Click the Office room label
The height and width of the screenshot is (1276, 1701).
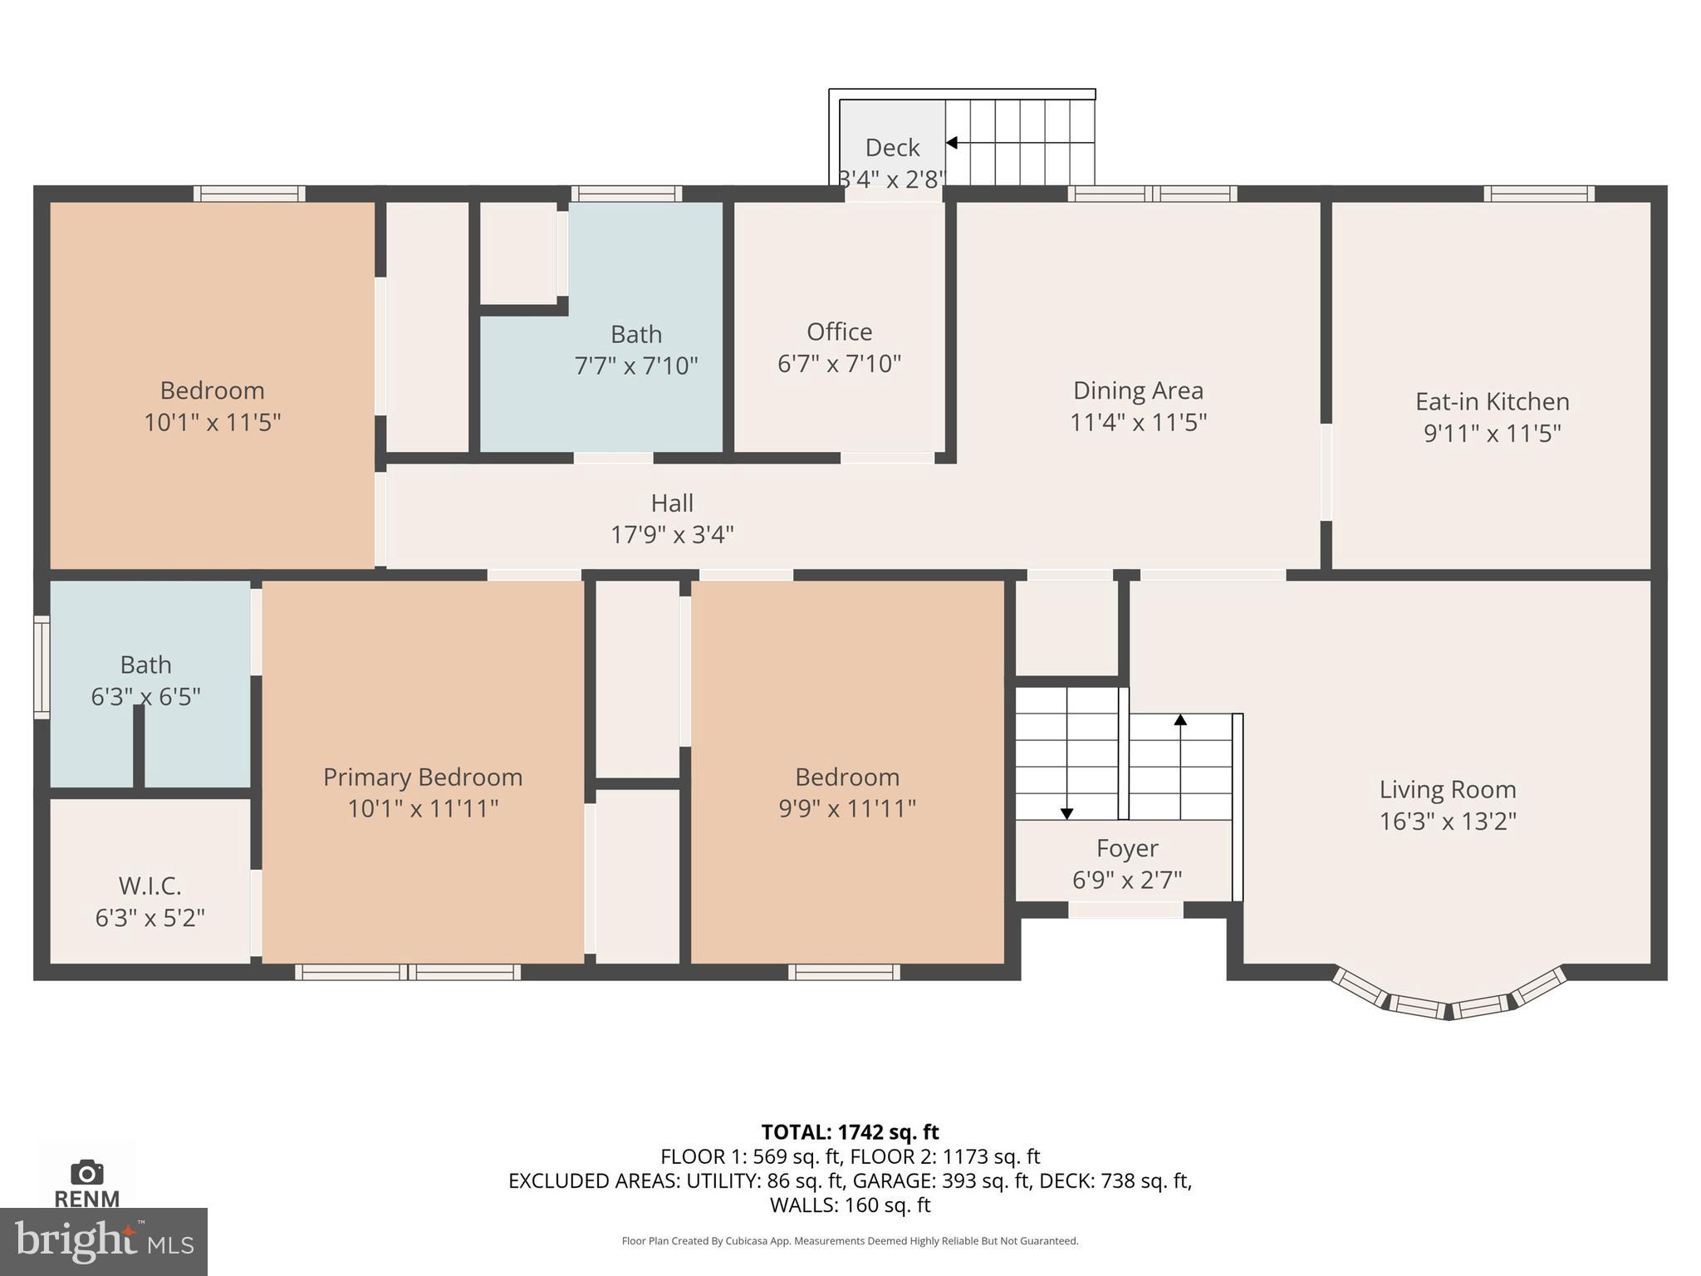(x=839, y=331)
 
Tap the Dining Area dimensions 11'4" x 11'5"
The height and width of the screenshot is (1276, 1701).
(x=1138, y=422)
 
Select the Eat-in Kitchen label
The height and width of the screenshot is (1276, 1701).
(x=1493, y=401)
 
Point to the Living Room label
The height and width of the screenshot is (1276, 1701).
(x=1448, y=789)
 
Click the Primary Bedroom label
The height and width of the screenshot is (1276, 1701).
(x=423, y=777)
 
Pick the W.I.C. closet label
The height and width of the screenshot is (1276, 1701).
(x=150, y=886)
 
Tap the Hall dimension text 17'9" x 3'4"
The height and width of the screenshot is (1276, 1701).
(x=672, y=534)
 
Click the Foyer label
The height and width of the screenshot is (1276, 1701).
(x=1127, y=848)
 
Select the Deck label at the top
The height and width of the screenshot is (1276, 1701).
(x=892, y=147)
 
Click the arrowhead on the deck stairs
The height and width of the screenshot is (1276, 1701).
(x=952, y=143)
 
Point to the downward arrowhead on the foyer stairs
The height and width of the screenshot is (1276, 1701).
(x=1067, y=814)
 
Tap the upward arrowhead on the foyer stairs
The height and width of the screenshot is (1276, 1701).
(x=1180, y=719)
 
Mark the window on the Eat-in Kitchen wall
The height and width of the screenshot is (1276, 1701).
(x=1539, y=194)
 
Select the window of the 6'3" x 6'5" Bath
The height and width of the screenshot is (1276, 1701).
(x=42, y=666)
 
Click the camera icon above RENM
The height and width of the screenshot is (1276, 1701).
(x=87, y=1172)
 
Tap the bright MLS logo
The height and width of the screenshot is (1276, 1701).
(x=104, y=1241)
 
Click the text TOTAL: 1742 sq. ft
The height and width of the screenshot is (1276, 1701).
(x=850, y=1131)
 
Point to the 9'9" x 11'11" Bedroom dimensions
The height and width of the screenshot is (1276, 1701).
(x=847, y=808)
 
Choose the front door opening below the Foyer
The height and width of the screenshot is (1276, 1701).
(x=1125, y=910)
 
